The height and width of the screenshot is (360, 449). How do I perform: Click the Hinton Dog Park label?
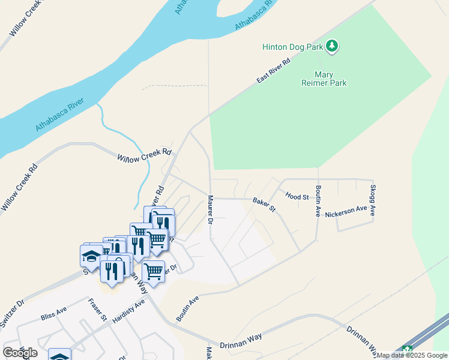[x=292, y=47]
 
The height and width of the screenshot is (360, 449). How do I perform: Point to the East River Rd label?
[x=273, y=71]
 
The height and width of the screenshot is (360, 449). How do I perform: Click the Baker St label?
[x=264, y=205]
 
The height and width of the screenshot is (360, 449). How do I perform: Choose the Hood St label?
[x=297, y=196]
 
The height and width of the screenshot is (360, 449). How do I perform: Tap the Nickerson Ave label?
[x=346, y=212]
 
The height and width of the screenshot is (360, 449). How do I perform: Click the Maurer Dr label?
[x=211, y=209]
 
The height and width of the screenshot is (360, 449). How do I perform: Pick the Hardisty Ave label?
[x=128, y=310]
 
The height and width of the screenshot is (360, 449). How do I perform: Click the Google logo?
[x=20, y=352]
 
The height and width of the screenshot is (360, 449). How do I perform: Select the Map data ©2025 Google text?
[x=412, y=355]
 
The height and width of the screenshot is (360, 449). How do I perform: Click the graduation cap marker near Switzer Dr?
[x=91, y=256]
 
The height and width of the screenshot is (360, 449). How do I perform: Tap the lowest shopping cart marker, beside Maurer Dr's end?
[x=153, y=271]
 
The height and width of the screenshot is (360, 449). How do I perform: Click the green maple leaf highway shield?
[x=408, y=350]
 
